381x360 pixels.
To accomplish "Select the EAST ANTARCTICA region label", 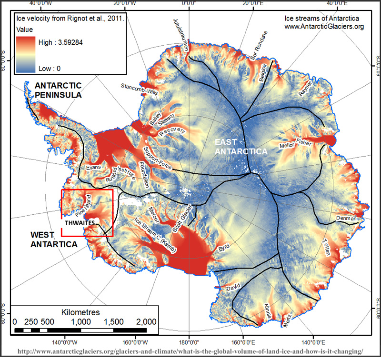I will point(241,147).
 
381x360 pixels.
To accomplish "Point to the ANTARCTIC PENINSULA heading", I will point(58,90).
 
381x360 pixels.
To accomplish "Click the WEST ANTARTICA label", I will point(54,240).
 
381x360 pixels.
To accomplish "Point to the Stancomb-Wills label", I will point(139,88).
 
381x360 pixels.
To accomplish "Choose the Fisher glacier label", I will point(304,141).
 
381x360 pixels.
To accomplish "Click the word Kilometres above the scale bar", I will point(80,312).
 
